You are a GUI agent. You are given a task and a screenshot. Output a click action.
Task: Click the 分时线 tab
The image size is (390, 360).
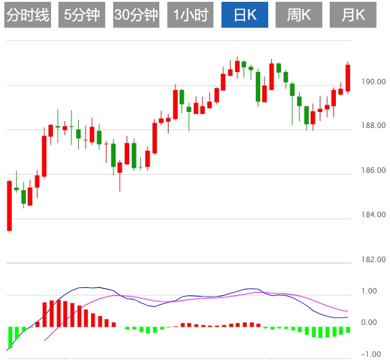pyautogui.click(x=27, y=15)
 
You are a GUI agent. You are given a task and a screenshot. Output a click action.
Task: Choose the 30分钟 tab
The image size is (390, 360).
pyautogui.click(x=136, y=15)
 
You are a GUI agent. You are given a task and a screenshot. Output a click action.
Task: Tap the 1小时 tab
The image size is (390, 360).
pyautogui.click(x=190, y=15)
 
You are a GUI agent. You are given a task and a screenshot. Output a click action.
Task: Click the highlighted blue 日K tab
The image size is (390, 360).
pyautogui.click(x=244, y=15)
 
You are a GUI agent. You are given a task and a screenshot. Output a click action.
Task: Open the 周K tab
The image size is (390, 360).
pyautogui.click(x=298, y=15)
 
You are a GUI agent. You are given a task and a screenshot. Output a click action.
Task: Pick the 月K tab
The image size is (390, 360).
pyautogui.click(x=353, y=15)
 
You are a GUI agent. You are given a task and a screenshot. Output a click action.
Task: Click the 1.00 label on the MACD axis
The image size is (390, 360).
pyautogui.click(x=370, y=291)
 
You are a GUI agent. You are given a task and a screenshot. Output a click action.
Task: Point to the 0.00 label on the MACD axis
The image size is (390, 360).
pyautogui.click(x=370, y=322)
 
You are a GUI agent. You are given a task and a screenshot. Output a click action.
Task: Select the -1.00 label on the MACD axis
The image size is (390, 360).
pyautogui.click(x=368, y=354)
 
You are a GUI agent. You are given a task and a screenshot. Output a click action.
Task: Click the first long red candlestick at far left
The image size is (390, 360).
pyautogui.click(x=9, y=206)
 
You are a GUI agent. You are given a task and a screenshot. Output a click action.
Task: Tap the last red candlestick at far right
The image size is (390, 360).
pyautogui.click(x=348, y=78)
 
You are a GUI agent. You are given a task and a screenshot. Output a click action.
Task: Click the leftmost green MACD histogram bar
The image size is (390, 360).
pyautogui.click(x=10, y=337)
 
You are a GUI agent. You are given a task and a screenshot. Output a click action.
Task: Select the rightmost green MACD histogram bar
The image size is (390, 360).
pyautogui.click(x=348, y=330)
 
